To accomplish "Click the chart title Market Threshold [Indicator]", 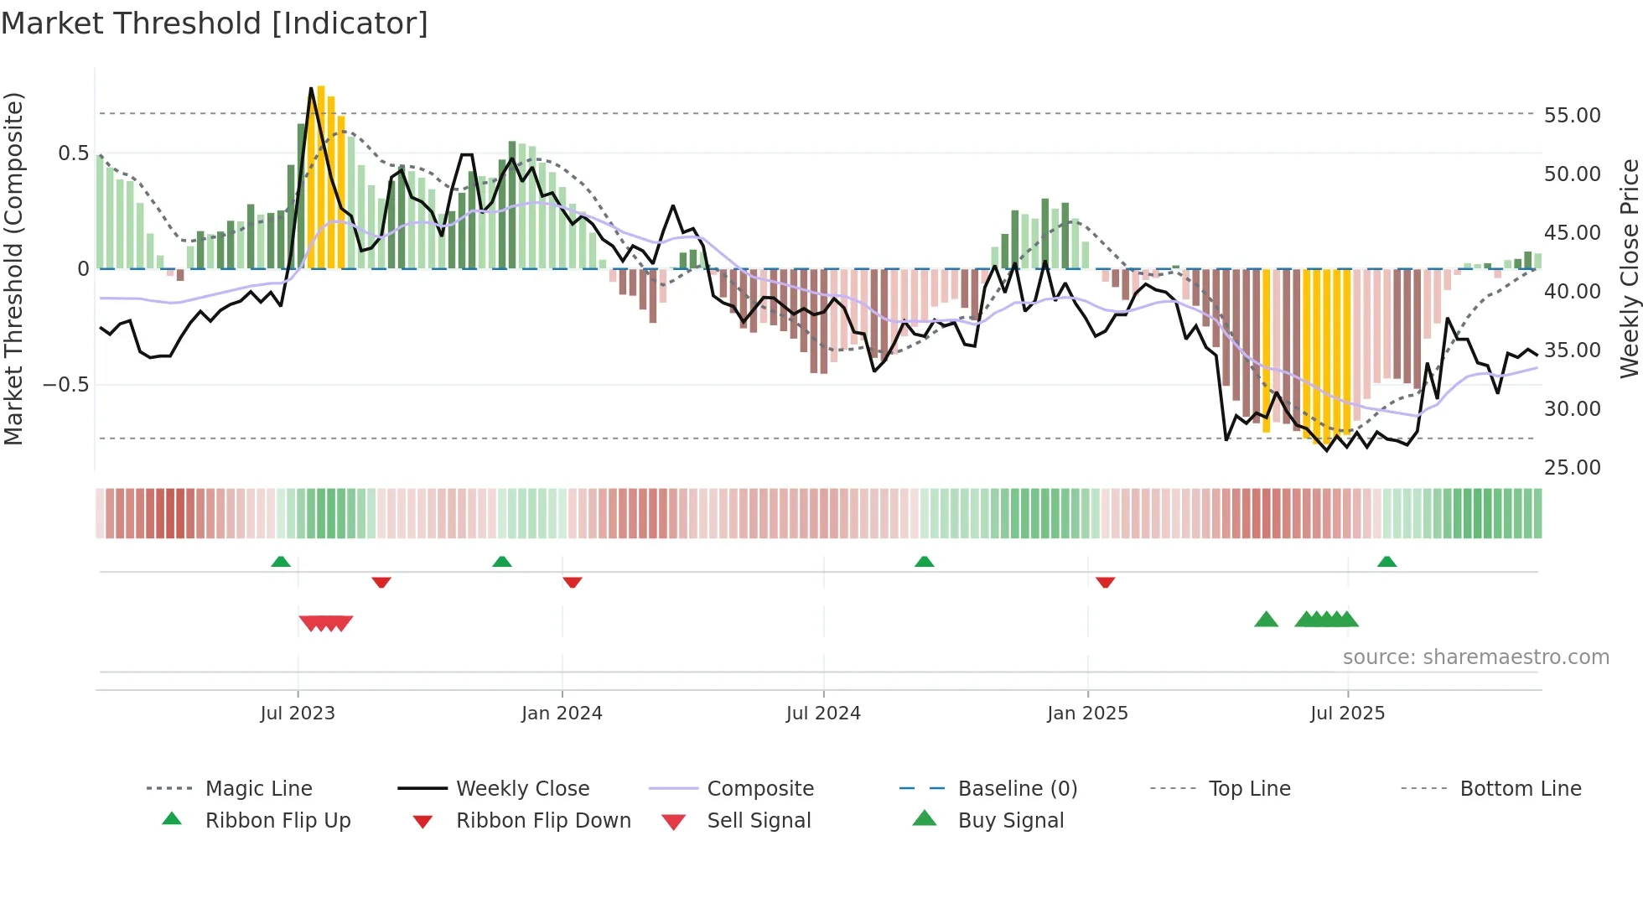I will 215,23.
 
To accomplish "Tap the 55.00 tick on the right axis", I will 1572,115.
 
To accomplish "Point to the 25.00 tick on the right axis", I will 1572,467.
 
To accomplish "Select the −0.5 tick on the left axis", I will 65,385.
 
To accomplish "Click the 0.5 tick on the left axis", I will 73,153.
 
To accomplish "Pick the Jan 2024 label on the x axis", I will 562,714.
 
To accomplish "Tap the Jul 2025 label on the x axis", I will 1347,714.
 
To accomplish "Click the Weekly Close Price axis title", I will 1629,268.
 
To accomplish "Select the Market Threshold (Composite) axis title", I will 13,268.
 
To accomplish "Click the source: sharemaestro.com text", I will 1475,657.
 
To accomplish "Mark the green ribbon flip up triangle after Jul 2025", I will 1386,562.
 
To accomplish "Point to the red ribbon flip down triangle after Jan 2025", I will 1105,582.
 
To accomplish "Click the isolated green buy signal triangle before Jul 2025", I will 1266,620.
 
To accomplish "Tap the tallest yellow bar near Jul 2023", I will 321,176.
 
